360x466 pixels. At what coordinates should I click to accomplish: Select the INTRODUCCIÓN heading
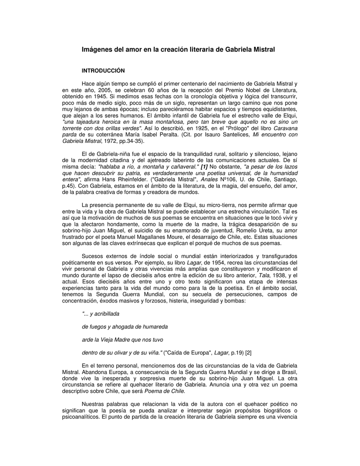(x=103, y=71)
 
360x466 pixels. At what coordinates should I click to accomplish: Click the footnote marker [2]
(x=248, y=353)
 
